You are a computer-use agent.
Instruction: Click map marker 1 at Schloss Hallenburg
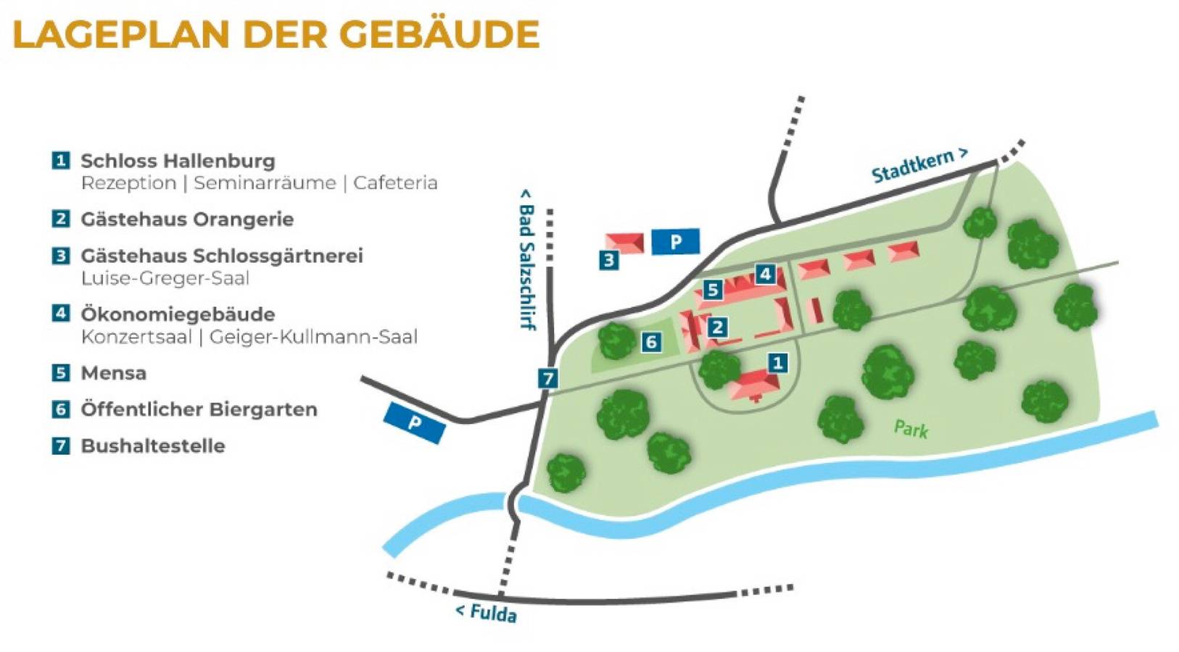click(777, 362)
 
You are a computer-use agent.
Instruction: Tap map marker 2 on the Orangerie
click(717, 327)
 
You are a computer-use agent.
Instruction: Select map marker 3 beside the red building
click(608, 260)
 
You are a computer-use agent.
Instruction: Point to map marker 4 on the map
click(764, 274)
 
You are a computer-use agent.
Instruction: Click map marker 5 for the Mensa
click(712, 291)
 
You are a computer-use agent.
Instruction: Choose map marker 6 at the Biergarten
click(651, 342)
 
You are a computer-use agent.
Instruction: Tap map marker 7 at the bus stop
click(547, 378)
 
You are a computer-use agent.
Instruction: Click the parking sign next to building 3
click(675, 241)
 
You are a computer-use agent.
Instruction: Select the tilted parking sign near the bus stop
click(414, 422)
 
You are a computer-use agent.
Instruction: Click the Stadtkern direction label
click(919, 166)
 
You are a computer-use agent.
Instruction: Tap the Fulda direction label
click(486, 612)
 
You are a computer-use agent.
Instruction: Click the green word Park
click(911, 429)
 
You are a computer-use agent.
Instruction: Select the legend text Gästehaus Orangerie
click(187, 220)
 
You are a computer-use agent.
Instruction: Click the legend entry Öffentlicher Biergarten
click(199, 409)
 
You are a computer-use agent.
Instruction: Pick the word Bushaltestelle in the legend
click(152, 446)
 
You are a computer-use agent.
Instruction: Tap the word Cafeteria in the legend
click(395, 183)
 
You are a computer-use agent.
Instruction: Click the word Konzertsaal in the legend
click(137, 337)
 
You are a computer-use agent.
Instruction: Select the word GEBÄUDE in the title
click(439, 34)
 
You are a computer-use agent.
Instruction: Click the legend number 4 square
click(61, 313)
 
